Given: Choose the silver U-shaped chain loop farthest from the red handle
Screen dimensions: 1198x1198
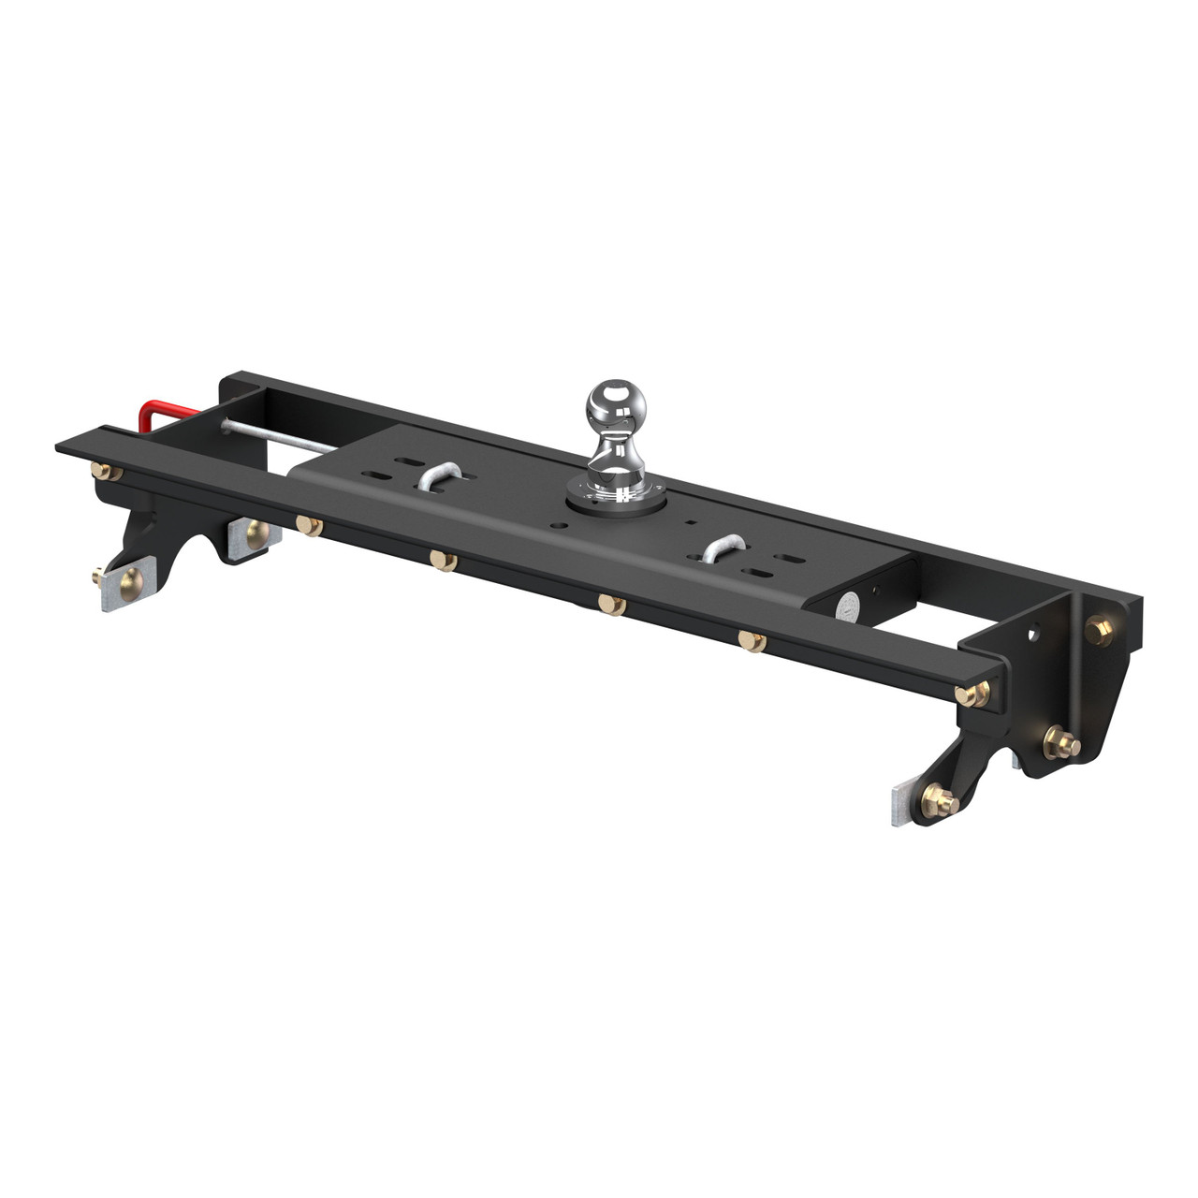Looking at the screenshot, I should coord(724,548).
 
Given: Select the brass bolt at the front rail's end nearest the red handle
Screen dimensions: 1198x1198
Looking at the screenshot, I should coord(106,472).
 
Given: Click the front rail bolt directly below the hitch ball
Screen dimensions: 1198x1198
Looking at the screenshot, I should coord(611,604).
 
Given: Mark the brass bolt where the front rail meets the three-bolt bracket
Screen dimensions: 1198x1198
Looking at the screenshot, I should coord(973,694).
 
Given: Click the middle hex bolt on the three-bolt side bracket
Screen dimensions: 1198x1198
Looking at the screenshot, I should coord(1061,743).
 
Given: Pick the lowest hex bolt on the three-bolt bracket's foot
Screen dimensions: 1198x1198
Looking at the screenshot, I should coord(939,799).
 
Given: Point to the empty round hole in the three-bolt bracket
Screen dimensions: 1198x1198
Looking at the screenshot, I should coord(1031,634).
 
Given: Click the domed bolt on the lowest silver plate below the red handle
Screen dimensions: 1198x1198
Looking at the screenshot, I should coord(130,584).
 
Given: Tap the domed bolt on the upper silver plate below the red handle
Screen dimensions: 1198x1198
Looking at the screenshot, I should coord(255,534).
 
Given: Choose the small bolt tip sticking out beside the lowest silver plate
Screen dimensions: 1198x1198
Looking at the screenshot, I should coord(96,576).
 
